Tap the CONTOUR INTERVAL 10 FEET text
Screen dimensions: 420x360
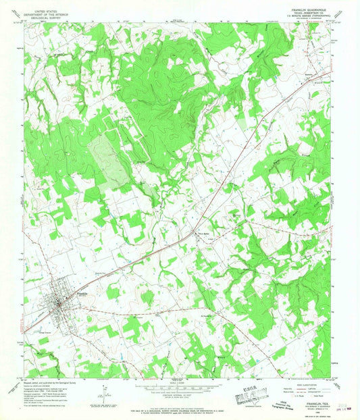coord(178,396)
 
